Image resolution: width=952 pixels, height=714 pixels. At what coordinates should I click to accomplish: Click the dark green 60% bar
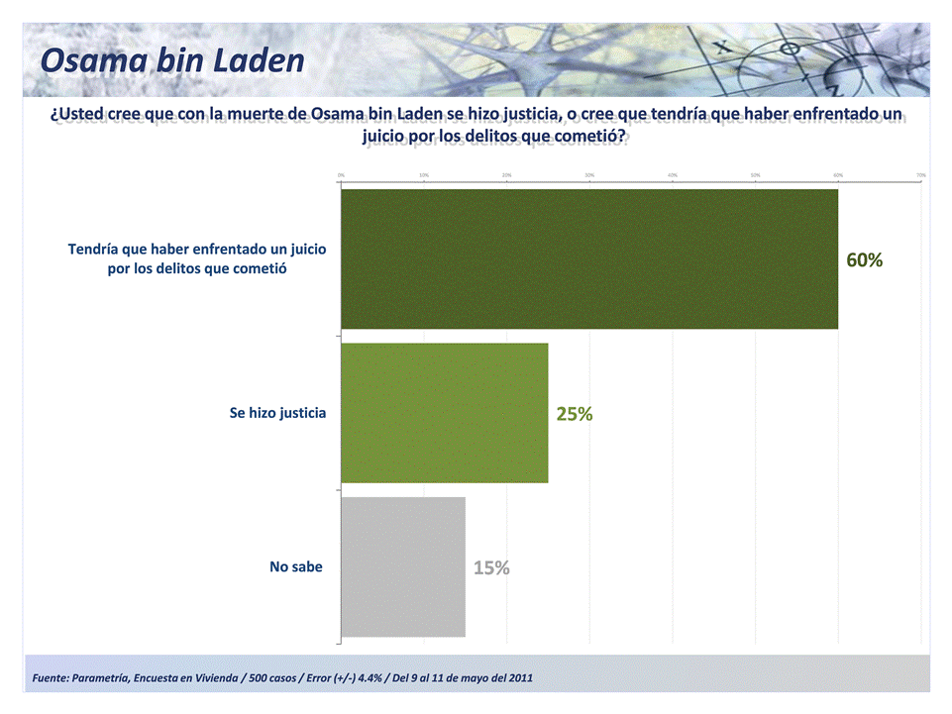pos(589,258)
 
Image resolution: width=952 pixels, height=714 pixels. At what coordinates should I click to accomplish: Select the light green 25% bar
pos(444,413)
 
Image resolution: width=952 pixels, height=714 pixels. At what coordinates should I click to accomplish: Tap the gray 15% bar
pos(403,566)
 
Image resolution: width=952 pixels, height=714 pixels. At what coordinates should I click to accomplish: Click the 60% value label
pos(864,259)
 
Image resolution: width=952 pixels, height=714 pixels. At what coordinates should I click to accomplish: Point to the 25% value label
pos(575,414)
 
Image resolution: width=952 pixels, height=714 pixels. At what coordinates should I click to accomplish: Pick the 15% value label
pos(491,567)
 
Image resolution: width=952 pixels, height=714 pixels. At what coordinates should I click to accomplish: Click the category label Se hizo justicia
pos(277,413)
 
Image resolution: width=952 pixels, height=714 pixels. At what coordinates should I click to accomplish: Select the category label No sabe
pos(296,566)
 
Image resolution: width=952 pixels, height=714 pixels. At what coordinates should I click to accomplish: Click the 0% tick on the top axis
pos(342,175)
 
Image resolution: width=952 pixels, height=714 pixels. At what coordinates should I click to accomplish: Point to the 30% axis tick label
pos(589,175)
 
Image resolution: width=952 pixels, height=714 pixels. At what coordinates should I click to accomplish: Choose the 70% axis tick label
pos(921,175)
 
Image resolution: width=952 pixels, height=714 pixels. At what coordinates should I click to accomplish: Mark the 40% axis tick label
pos(673,175)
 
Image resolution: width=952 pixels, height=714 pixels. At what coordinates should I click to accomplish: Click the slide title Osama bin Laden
pos(172,60)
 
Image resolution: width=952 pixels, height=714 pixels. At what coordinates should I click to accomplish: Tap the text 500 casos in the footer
pos(266,678)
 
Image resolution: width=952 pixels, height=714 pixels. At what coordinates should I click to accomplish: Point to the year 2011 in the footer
pos(519,678)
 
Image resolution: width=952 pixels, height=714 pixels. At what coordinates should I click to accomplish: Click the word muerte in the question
pos(262,114)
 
